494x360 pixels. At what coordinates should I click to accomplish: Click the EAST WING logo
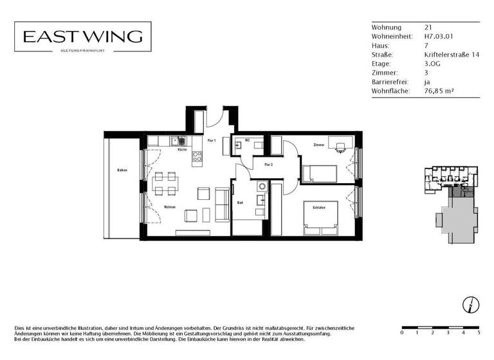click(83, 37)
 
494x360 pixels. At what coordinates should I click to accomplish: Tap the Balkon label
click(122, 170)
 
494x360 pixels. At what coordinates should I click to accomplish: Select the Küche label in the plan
click(182, 149)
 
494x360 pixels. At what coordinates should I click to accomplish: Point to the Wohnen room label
click(170, 207)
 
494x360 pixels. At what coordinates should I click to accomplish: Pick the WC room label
click(247, 140)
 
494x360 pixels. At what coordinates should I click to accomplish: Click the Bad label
click(239, 203)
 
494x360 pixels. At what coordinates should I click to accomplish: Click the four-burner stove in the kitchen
click(197, 156)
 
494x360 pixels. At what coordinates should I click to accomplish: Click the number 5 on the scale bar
click(479, 333)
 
